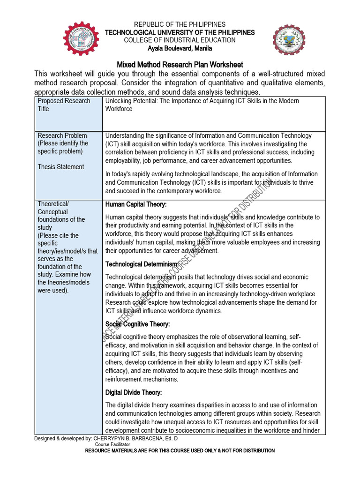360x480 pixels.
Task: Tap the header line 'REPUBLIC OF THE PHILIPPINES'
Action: pos(180,24)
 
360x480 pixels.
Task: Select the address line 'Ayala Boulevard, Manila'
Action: pos(180,48)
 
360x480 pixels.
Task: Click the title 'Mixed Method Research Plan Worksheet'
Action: pos(180,65)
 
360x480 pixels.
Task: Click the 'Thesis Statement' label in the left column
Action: pos(61,167)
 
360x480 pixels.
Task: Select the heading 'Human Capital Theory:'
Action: pos(136,204)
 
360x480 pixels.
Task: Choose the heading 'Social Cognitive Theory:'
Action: pos(137,324)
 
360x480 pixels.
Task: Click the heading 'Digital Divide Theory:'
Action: pos(134,392)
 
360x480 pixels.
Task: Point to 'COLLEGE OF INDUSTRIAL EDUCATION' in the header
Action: pos(180,40)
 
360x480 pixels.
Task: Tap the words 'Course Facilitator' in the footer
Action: pos(112,444)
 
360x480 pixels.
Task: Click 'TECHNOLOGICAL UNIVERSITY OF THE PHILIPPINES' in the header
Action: pos(180,32)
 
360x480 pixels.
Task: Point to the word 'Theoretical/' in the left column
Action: pos(53,204)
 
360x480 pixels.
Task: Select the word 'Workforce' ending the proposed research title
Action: pos(119,109)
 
